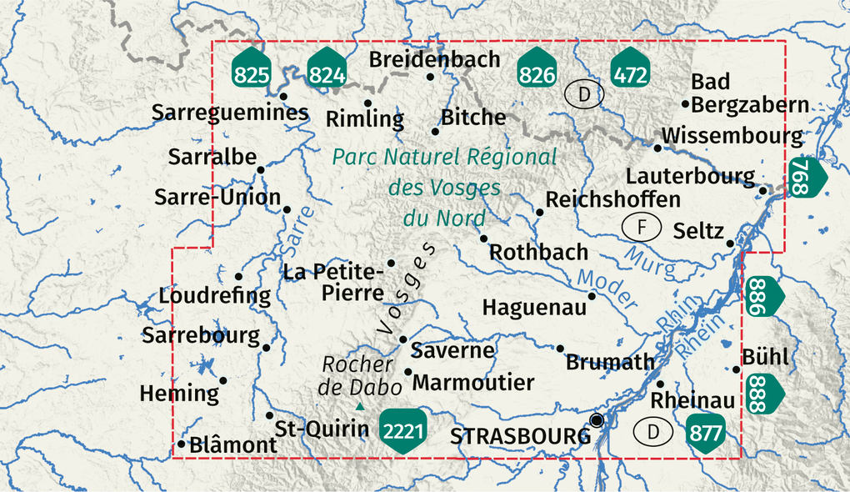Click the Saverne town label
click(x=453, y=350)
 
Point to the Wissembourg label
click(x=732, y=136)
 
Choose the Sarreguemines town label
click(x=230, y=113)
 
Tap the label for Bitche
click(x=473, y=118)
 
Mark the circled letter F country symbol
click(x=641, y=226)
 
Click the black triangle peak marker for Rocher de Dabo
click(x=360, y=407)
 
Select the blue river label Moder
click(x=607, y=289)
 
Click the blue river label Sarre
click(x=295, y=229)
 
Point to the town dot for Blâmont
click(x=181, y=444)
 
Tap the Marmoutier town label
click(x=472, y=383)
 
